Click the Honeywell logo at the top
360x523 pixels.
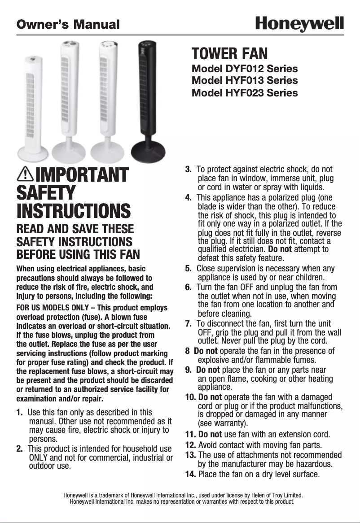pyautogui.click(x=299, y=24)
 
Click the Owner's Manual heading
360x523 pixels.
pyautogui.click(x=68, y=24)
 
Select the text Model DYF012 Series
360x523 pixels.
pyautogui.click(x=245, y=69)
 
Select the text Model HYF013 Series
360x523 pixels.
pyautogui.click(x=245, y=81)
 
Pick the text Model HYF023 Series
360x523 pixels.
pyautogui.click(x=245, y=93)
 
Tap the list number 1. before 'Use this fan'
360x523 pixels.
pyautogui.click(x=20, y=412)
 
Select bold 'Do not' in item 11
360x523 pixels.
pyautogui.click(x=210, y=434)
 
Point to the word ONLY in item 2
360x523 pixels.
pyautogui.click(x=38, y=458)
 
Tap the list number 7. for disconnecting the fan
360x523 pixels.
pyautogui.click(x=189, y=323)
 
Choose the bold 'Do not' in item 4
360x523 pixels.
pyautogui.click(x=279, y=249)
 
